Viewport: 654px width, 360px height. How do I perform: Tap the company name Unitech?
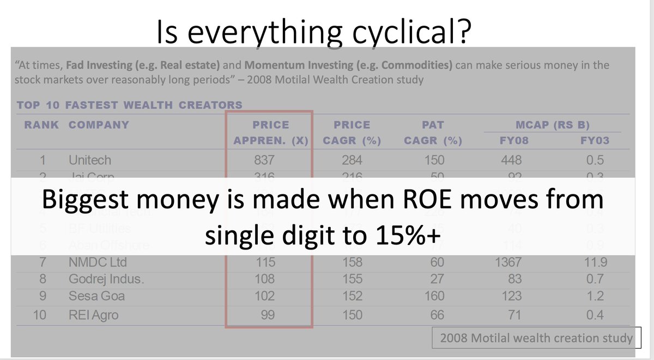coord(89,160)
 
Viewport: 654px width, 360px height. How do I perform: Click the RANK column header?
coord(41,125)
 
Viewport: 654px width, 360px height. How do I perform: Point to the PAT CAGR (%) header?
coord(433,133)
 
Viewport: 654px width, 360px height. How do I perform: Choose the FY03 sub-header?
coord(594,141)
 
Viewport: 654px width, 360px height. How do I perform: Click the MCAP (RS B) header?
coord(553,125)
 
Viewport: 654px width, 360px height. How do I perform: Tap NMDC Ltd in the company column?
coord(96,262)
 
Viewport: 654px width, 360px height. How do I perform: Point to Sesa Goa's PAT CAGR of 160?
coord(434,296)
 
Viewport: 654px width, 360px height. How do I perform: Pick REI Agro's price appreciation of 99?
coord(267,315)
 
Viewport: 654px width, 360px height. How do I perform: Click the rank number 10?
coord(40,315)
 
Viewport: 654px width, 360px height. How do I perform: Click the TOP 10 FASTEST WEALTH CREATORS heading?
coord(130,105)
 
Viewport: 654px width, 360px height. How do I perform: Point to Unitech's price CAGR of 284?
coord(352,160)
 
